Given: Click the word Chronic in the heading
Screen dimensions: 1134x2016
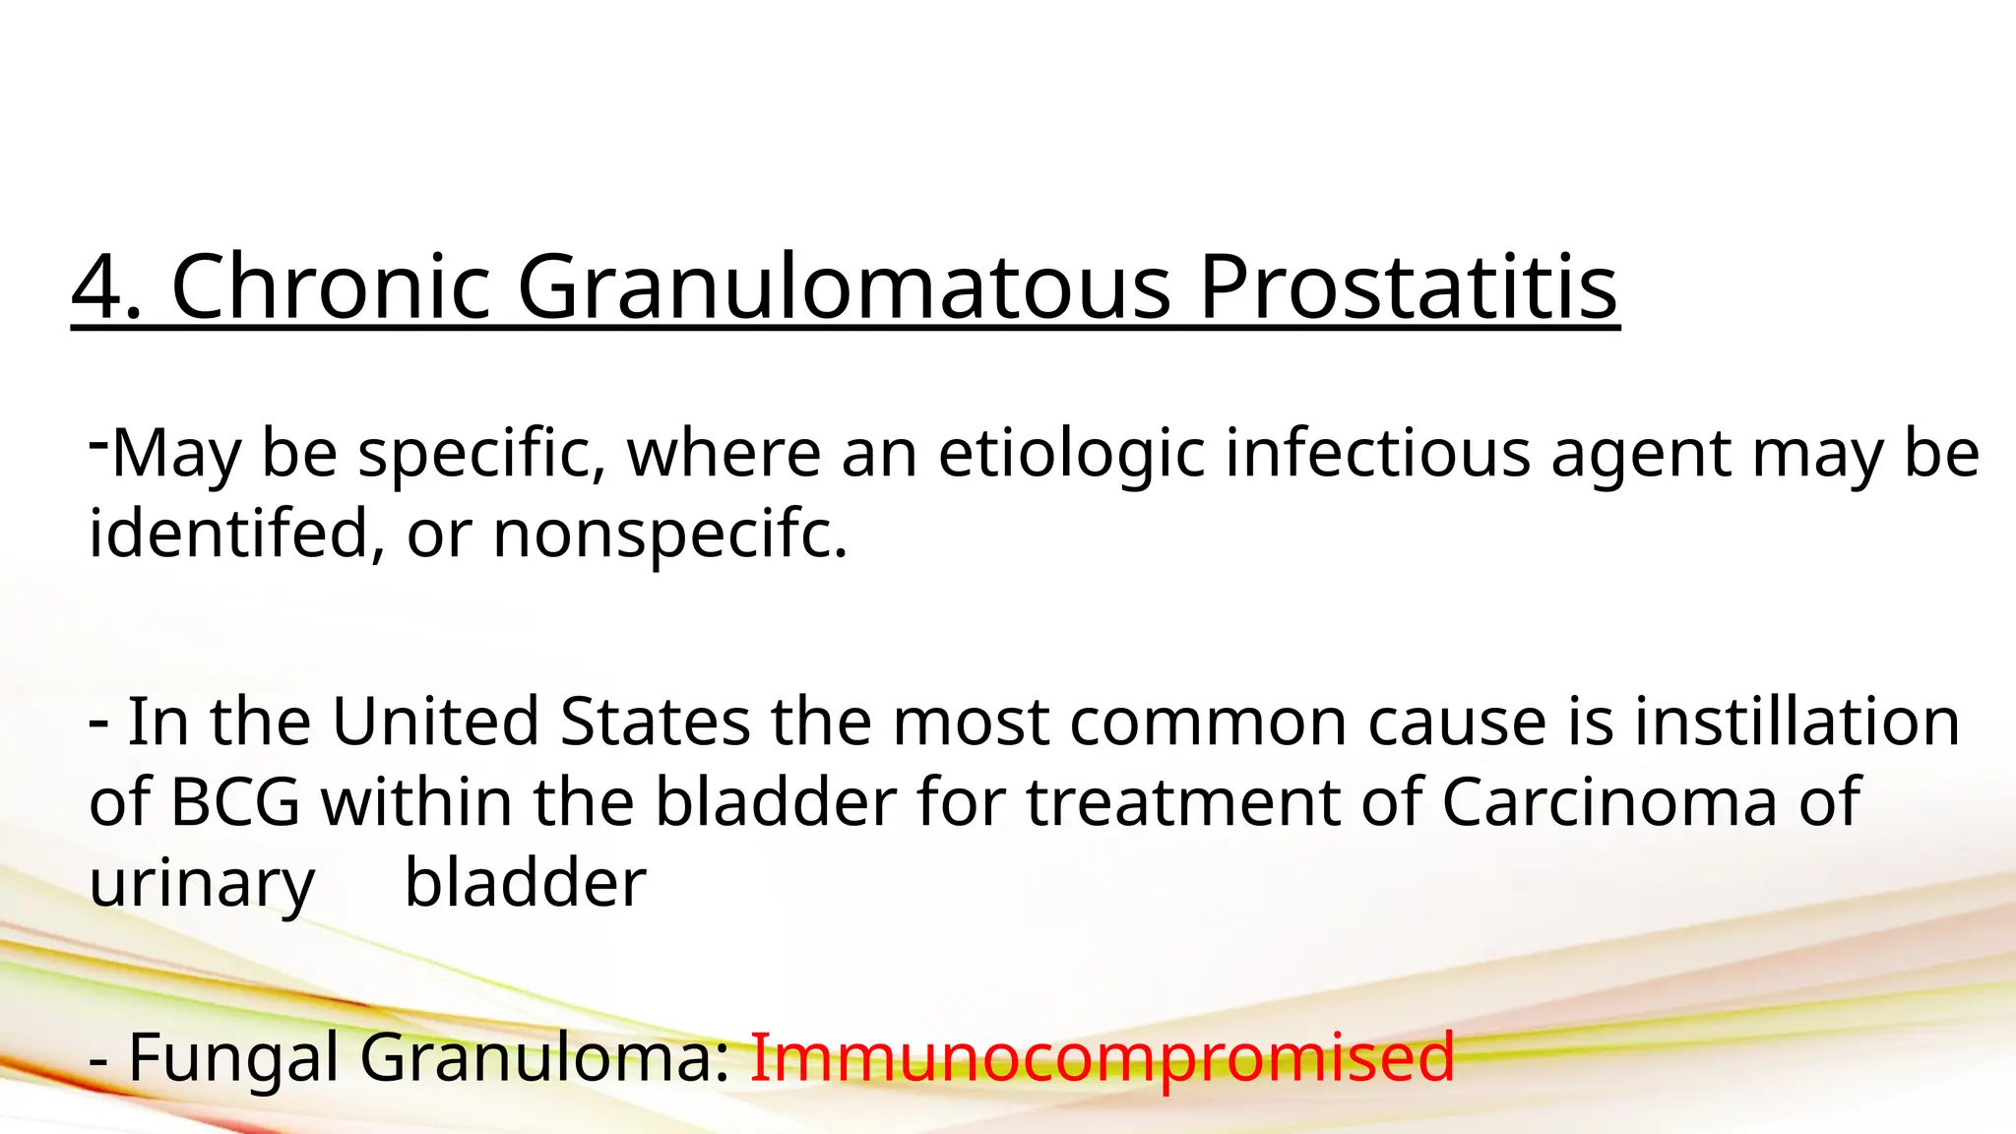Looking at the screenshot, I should coord(331,287).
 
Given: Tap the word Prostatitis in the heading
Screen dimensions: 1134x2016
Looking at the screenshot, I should coord(1408,287).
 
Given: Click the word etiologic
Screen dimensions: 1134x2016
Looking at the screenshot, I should coord(1071,454).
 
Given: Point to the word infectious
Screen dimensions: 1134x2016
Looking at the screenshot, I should coord(1377,454).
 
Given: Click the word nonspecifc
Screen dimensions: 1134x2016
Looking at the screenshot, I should coord(668,534).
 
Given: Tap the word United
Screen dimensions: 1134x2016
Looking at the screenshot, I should coord(435,722).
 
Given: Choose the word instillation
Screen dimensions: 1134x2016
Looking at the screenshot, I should coord(1796,722).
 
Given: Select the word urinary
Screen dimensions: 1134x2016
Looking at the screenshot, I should coord(202,884).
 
